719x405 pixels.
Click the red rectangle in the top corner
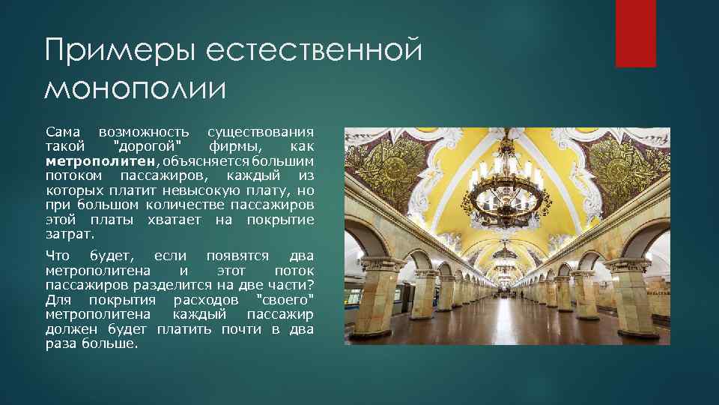pos(635,34)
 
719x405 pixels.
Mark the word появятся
pos(234,256)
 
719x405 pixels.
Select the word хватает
pos(174,219)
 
